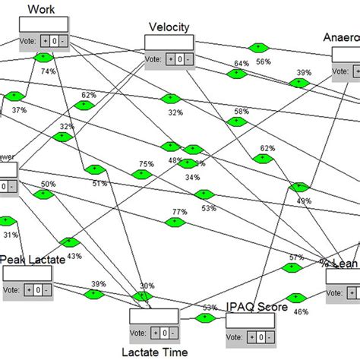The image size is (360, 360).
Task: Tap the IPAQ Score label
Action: pos(257,307)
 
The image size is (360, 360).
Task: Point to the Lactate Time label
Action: pos(156,352)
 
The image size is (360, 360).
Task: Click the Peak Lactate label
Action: pos(33,260)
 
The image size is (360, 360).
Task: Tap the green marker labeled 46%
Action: pos(293,298)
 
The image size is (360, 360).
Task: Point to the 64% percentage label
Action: pos(242,64)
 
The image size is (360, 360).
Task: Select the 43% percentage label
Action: pos(74,256)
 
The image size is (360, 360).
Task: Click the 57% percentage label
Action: pos(296,257)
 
